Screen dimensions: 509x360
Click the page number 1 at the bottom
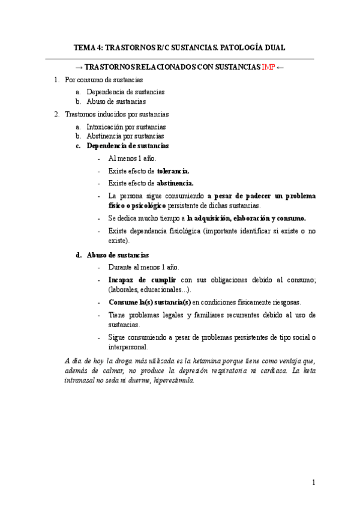(x=313, y=482)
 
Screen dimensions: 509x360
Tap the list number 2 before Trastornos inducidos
(x=56, y=113)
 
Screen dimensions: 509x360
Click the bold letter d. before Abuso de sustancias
(x=79, y=255)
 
